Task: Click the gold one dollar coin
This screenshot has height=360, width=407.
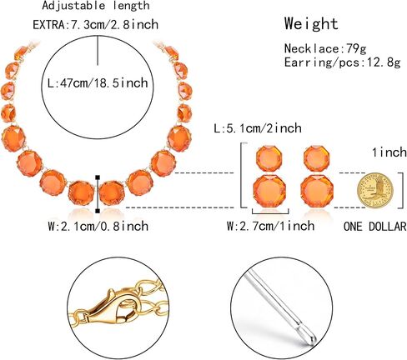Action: coord(374,190)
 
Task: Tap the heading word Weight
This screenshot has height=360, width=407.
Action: coord(311,23)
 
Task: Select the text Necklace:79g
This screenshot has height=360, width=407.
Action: coord(325,48)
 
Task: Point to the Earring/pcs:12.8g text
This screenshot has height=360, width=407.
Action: coord(342,62)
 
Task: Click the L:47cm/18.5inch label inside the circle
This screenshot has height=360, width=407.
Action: coord(98,83)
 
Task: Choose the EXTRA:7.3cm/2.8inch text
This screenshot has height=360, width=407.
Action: coord(95,24)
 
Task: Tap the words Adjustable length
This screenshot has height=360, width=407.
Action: coord(96,6)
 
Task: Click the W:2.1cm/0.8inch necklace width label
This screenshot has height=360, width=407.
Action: coord(98,226)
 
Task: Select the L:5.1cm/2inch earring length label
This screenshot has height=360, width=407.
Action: coord(258,128)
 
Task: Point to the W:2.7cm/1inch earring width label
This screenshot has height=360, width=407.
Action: coord(270,226)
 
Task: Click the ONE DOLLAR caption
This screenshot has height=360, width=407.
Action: coord(375,227)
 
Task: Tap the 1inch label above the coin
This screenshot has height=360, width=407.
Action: coord(389,152)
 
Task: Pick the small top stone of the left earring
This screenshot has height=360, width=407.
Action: coord(269,158)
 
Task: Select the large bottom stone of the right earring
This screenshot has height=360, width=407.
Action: coord(317,192)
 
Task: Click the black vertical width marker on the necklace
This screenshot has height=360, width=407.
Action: coord(98,194)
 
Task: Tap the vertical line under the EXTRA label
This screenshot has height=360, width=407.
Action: coord(98,50)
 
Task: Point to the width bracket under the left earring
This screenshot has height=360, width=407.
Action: coord(270,212)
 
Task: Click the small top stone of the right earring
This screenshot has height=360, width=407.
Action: coord(316,158)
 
